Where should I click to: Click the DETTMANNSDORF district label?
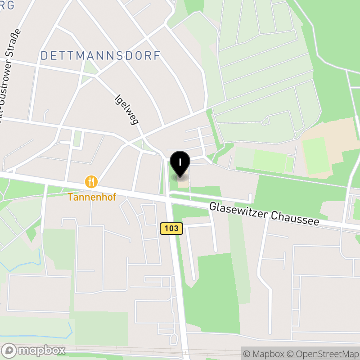coord(100,56)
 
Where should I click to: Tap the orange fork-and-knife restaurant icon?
coord(91,182)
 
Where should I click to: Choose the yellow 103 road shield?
coord(171,229)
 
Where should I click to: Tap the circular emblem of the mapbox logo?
coord(9,350)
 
